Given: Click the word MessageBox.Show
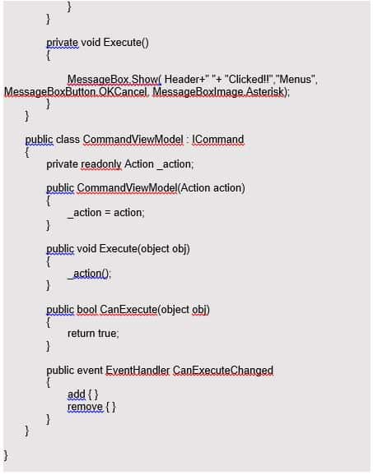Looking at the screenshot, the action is (114, 80).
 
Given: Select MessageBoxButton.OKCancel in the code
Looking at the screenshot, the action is (76, 91).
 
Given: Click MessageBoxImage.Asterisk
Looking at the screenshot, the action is (218, 91).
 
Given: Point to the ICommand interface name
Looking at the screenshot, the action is (218, 140).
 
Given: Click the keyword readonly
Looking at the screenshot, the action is (101, 164).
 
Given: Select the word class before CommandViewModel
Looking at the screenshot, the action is (68, 140).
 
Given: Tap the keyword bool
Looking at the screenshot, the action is (86, 309).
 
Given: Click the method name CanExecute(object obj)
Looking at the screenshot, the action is (155, 310).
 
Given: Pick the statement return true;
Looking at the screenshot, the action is (93, 333).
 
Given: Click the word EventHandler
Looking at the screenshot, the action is (138, 370).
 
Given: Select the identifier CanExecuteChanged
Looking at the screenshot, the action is (223, 370).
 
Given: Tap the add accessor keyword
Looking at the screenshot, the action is (77, 394).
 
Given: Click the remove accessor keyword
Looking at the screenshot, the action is (86, 407).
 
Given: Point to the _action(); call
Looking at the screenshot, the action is (90, 274).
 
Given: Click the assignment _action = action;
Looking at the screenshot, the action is (106, 213).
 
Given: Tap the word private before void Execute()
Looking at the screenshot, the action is (63, 43).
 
